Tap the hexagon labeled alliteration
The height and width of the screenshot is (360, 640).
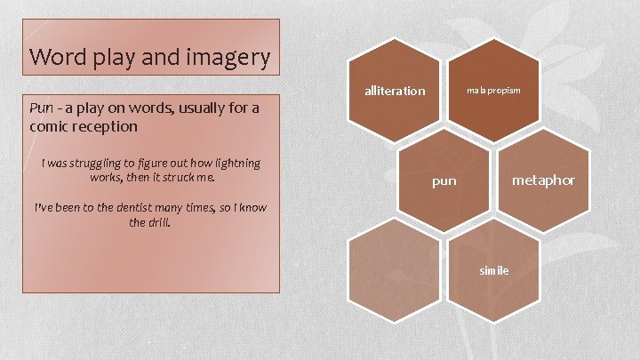point(395,91)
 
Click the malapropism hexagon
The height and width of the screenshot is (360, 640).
point(494,91)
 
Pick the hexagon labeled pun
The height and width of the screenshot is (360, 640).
point(444,180)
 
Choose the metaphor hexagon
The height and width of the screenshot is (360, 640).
point(543,180)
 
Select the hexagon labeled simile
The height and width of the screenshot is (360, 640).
point(493,270)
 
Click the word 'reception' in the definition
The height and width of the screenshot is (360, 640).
point(107,126)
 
